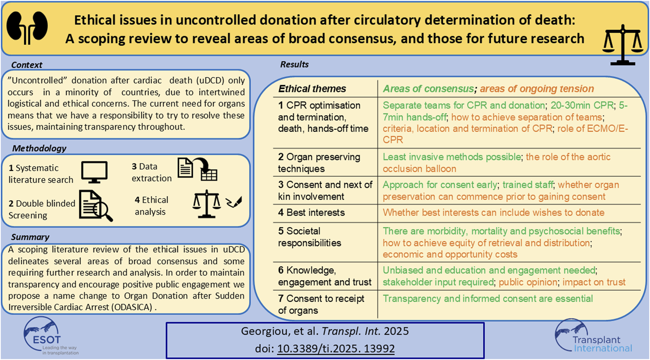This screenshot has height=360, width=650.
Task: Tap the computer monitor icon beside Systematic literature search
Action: click(94, 172)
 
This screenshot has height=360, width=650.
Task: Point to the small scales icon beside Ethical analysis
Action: click(207, 204)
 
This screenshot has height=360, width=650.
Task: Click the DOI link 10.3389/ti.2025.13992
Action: click(336, 348)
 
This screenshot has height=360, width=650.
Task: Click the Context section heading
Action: click(27, 65)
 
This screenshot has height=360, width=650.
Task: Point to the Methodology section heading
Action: click(39, 148)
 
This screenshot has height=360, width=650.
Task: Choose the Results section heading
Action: click(295, 65)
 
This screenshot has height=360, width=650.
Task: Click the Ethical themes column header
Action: click(312, 89)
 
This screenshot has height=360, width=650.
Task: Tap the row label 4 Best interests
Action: click(311, 213)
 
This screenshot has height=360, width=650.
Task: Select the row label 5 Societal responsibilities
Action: click(310, 237)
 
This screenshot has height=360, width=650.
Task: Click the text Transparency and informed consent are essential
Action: click(488, 299)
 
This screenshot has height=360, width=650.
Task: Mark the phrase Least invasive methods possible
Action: click(452, 157)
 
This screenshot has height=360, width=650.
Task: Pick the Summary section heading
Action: click(30, 237)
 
